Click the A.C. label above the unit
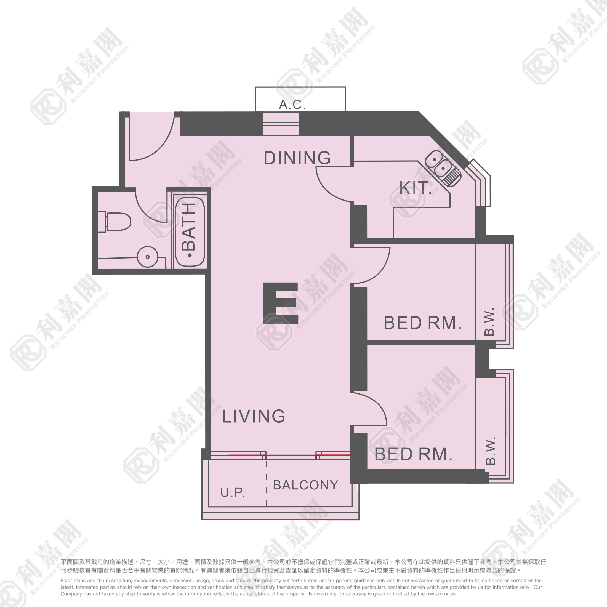pyautogui.click(x=292, y=105)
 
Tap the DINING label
pyautogui.click(x=297, y=158)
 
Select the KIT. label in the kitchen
pyautogui.click(x=415, y=188)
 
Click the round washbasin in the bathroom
pyautogui.click(x=147, y=257)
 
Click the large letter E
pyautogui.click(x=280, y=303)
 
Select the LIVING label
pyautogui.click(x=253, y=416)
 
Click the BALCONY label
pyautogui.click(x=305, y=485)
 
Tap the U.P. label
pyautogui.click(x=233, y=492)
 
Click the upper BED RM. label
pyautogui.click(x=422, y=323)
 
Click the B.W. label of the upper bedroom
pyautogui.click(x=489, y=322)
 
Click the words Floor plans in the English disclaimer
pyautogui.click(x=73, y=580)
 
